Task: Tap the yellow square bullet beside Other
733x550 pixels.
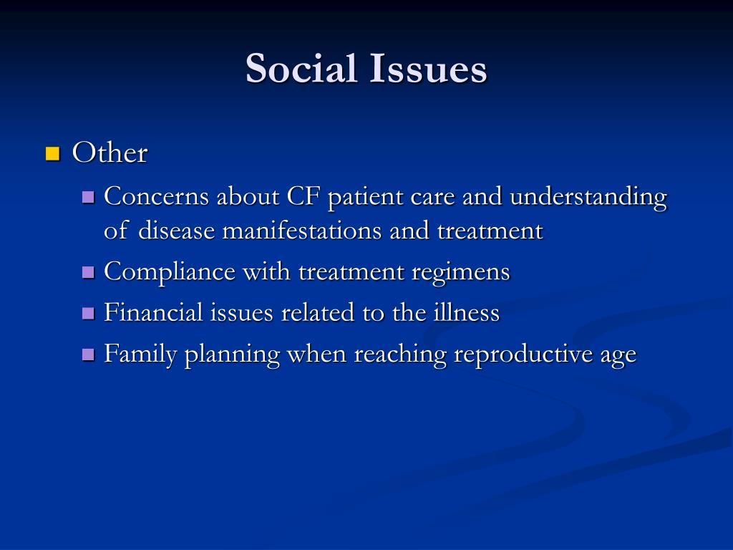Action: pos(52,153)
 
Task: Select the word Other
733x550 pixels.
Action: pos(110,153)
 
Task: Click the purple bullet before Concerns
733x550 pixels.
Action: pos(89,197)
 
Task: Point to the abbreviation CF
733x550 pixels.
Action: pos(304,196)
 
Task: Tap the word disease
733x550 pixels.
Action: pos(177,231)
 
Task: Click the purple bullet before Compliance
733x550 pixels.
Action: pos(89,273)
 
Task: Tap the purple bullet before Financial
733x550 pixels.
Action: pos(89,313)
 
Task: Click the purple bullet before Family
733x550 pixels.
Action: pos(89,354)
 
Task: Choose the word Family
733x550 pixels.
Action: pos(140,354)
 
